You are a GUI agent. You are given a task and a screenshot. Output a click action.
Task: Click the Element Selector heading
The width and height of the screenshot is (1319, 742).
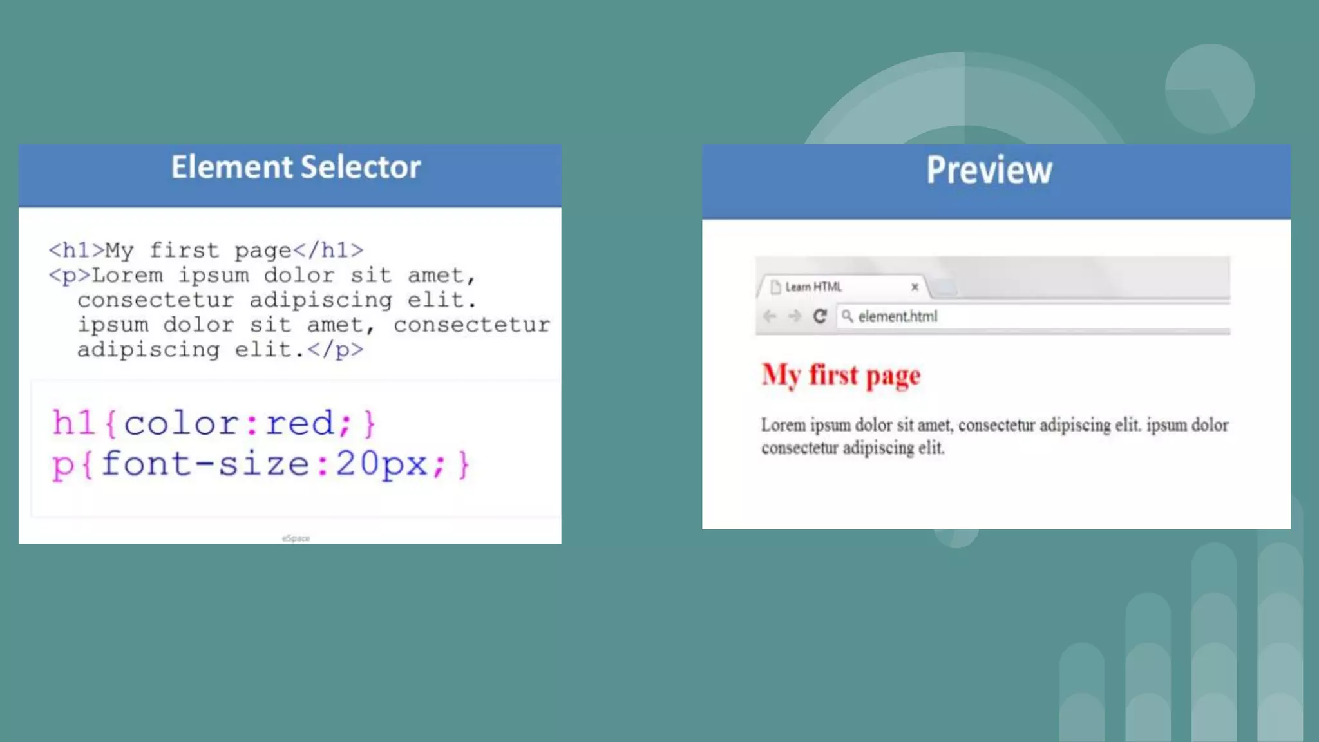(x=296, y=167)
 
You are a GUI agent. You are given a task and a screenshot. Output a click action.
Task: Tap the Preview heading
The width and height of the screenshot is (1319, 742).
(x=989, y=170)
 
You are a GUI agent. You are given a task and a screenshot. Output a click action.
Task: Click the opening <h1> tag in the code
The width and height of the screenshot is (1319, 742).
(x=76, y=251)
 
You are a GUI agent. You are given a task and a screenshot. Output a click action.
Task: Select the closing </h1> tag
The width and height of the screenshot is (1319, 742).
(x=328, y=251)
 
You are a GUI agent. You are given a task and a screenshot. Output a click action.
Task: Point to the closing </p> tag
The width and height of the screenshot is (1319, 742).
(x=336, y=350)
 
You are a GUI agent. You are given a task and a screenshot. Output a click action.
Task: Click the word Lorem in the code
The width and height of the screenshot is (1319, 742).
(x=128, y=276)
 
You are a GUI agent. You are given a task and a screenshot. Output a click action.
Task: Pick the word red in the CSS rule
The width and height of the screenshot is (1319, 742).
(x=299, y=424)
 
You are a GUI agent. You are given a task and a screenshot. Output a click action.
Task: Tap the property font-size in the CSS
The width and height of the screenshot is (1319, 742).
(x=205, y=464)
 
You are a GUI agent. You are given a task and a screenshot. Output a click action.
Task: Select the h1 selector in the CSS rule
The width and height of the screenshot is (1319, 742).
(x=73, y=424)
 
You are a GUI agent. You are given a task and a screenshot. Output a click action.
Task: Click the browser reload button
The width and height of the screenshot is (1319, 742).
(x=819, y=316)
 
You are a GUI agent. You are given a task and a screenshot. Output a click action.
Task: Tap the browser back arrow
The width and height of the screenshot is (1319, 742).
(x=770, y=316)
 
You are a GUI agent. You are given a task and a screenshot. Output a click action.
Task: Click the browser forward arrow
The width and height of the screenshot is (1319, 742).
(x=795, y=316)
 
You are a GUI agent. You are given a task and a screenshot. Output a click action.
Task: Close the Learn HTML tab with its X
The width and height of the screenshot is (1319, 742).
(x=915, y=287)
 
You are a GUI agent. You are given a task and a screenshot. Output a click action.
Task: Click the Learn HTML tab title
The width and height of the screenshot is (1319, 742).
(x=813, y=287)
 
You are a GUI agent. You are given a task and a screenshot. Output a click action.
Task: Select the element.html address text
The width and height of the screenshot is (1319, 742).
(x=897, y=317)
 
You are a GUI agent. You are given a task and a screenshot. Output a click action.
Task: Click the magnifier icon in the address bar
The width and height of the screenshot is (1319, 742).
(x=847, y=316)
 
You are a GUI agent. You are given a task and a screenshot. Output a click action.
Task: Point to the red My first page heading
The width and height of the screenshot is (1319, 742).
(x=840, y=376)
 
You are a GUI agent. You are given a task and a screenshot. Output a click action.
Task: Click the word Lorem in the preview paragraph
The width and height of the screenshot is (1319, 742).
(x=783, y=426)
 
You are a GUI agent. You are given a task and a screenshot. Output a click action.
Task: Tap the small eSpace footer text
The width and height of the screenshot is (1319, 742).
(x=296, y=538)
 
